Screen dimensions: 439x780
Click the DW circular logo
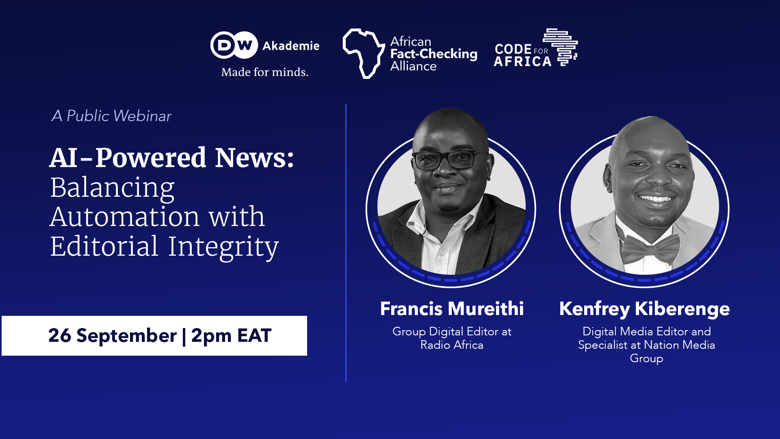pos(234,45)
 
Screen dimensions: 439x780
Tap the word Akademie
pos(291,46)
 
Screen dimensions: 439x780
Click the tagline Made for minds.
pos(264,72)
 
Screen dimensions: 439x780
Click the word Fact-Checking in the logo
pos(433,54)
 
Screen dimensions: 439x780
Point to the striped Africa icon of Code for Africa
pos(561,47)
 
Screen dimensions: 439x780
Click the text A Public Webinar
pos(111,116)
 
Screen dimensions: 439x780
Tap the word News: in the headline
pos(254,158)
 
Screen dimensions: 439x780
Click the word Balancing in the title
pos(112,188)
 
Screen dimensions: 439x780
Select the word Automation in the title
pos(125,217)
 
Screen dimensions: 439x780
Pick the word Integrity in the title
pos(223,247)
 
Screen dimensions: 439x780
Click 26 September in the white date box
pos(112,336)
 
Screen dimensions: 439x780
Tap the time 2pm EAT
pos(231,336)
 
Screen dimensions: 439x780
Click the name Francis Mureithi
pos(452,309)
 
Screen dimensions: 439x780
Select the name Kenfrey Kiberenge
pos(644,309)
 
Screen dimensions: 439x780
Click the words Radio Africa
pos(452,345)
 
